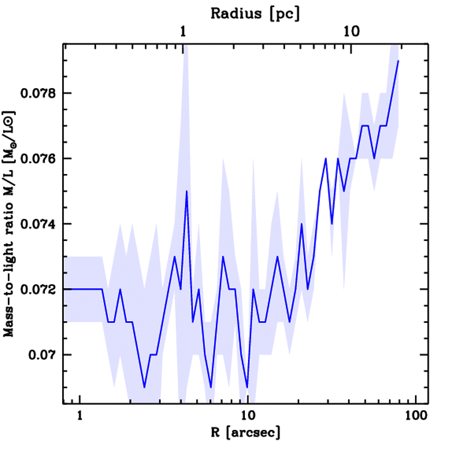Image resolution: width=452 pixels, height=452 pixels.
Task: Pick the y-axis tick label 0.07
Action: click(43, 355)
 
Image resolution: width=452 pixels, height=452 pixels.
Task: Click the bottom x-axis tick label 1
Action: click(79, 416)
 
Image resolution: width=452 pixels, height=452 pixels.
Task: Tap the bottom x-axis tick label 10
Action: click(248, 416)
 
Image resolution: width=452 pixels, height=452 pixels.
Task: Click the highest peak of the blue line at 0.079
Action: click(398, 61)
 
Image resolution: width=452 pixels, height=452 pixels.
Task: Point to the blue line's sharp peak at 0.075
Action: click(187, 191)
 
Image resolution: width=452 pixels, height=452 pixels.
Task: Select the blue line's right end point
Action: click(398, 61)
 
